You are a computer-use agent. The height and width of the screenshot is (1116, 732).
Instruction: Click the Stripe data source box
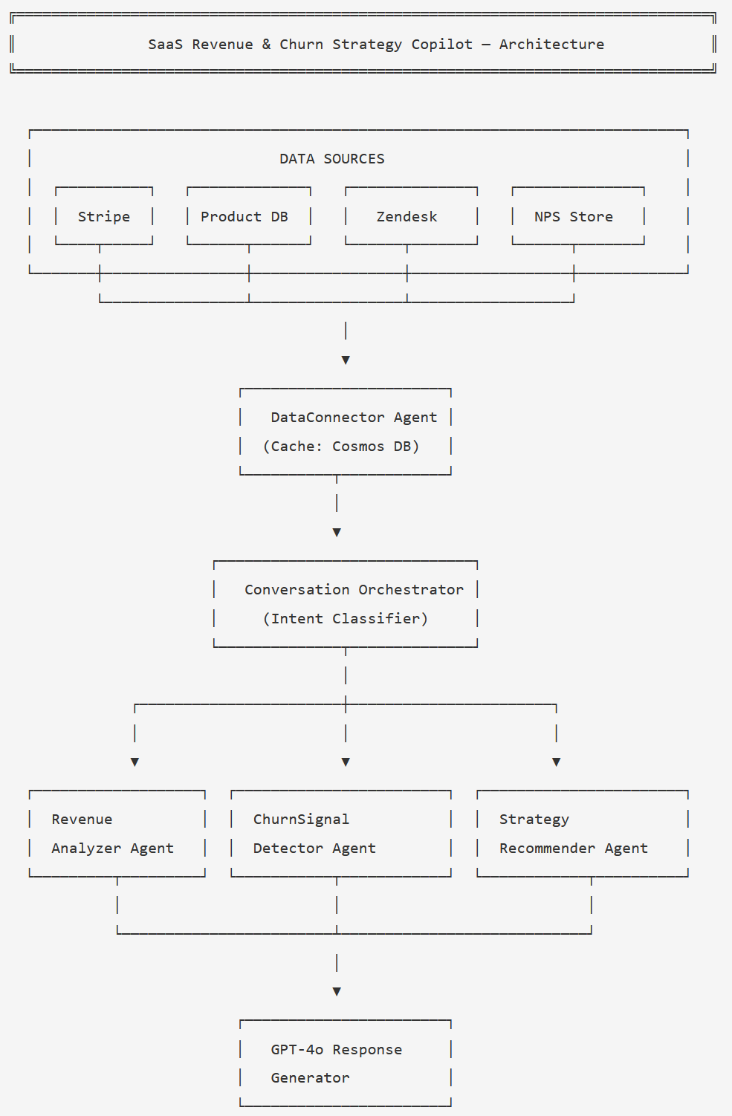coord(104,216)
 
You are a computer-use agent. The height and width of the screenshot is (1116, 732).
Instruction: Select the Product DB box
coord(248,216)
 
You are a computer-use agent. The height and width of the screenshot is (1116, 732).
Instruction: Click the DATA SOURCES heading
coord(331,158)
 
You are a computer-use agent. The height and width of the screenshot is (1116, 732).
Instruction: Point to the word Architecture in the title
coord(551,44)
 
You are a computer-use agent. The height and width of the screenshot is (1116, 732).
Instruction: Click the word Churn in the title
coord(301,44)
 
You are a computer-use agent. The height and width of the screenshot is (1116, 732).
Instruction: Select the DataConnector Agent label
coord(354,417)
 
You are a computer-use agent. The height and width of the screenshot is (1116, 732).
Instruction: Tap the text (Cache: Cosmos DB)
coord(341,446)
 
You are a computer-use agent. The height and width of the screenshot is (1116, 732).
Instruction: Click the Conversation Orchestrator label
coord(354,589)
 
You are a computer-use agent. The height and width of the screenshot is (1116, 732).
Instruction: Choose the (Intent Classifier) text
coord(346,618)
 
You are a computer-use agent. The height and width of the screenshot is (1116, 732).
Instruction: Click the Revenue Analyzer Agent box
coord(117,834)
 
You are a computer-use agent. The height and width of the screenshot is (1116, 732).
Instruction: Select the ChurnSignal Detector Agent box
coord(340,834)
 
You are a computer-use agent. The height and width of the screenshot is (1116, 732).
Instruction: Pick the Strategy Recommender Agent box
coord(582,834)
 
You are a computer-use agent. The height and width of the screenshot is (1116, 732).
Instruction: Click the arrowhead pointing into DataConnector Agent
coord(346,360)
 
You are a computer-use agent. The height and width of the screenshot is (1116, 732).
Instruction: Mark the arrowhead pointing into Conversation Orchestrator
coord(337,532)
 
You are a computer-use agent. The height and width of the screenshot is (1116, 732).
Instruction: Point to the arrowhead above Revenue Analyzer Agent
coord(135,762)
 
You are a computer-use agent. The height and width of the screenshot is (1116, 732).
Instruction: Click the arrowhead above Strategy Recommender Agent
coord(557,762)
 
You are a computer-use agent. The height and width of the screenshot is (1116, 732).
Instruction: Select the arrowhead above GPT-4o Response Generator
coord(337,991)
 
